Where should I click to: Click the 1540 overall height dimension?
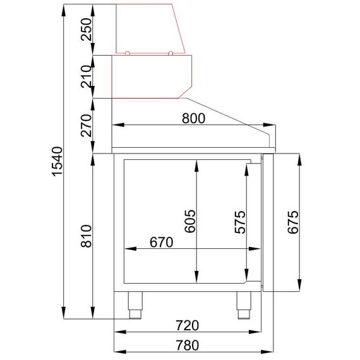tap(57, 162)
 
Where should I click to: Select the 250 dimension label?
tap(87, 30)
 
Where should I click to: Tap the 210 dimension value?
tap(87, 76)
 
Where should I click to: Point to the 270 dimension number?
tap(87, 125)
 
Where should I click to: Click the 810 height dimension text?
tap(87, 236)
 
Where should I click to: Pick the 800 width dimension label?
tap(193, 119)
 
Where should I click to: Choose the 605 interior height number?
tap(190, 221)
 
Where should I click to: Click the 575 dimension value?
tap(240, 222)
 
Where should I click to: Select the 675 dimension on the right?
tap(293, 222)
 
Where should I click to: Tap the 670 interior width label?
tap(162, 243)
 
